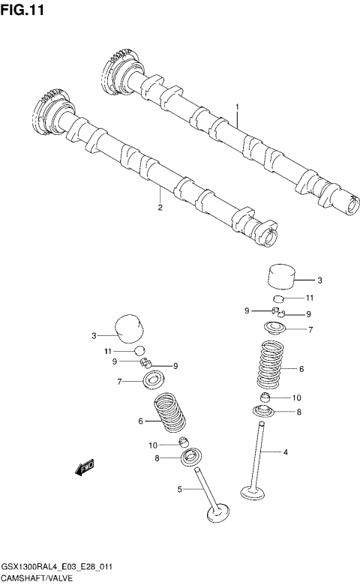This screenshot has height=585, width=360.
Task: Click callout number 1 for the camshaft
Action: pyautogui.click(x=237, y=107)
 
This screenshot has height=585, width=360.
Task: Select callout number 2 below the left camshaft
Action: pyautogui.click(x=160, y=208)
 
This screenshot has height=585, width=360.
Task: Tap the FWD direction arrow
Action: pyautogui.click(x=83, y=468)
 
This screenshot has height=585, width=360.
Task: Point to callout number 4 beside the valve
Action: pyautogui.click(x=285, y=452)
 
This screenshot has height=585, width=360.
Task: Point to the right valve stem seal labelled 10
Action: pyautogui.click(x=267, y=397)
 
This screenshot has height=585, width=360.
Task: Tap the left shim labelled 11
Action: pyautogui.click(x=139, y=350)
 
